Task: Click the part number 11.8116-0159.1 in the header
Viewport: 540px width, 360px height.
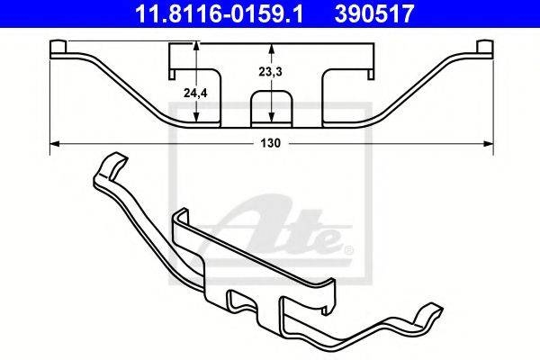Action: [x=219, y=13]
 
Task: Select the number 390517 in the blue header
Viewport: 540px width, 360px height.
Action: [x=374, y=13]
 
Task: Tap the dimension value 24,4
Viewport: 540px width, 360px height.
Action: [x=195, y=93]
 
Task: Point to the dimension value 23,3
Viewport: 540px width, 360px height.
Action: [x=270, y=72]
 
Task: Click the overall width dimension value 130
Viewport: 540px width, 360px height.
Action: [x=270, y=143]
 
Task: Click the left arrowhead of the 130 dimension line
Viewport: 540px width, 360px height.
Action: [x=55, y=144]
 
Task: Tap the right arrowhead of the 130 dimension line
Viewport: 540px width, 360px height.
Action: [x=489, y=144]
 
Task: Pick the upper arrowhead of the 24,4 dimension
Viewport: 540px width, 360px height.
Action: [x=195, y=47]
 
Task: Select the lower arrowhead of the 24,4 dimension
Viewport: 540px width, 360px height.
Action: [x=195, y=117]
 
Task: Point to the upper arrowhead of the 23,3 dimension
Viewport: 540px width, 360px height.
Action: [x=272, y=49]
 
